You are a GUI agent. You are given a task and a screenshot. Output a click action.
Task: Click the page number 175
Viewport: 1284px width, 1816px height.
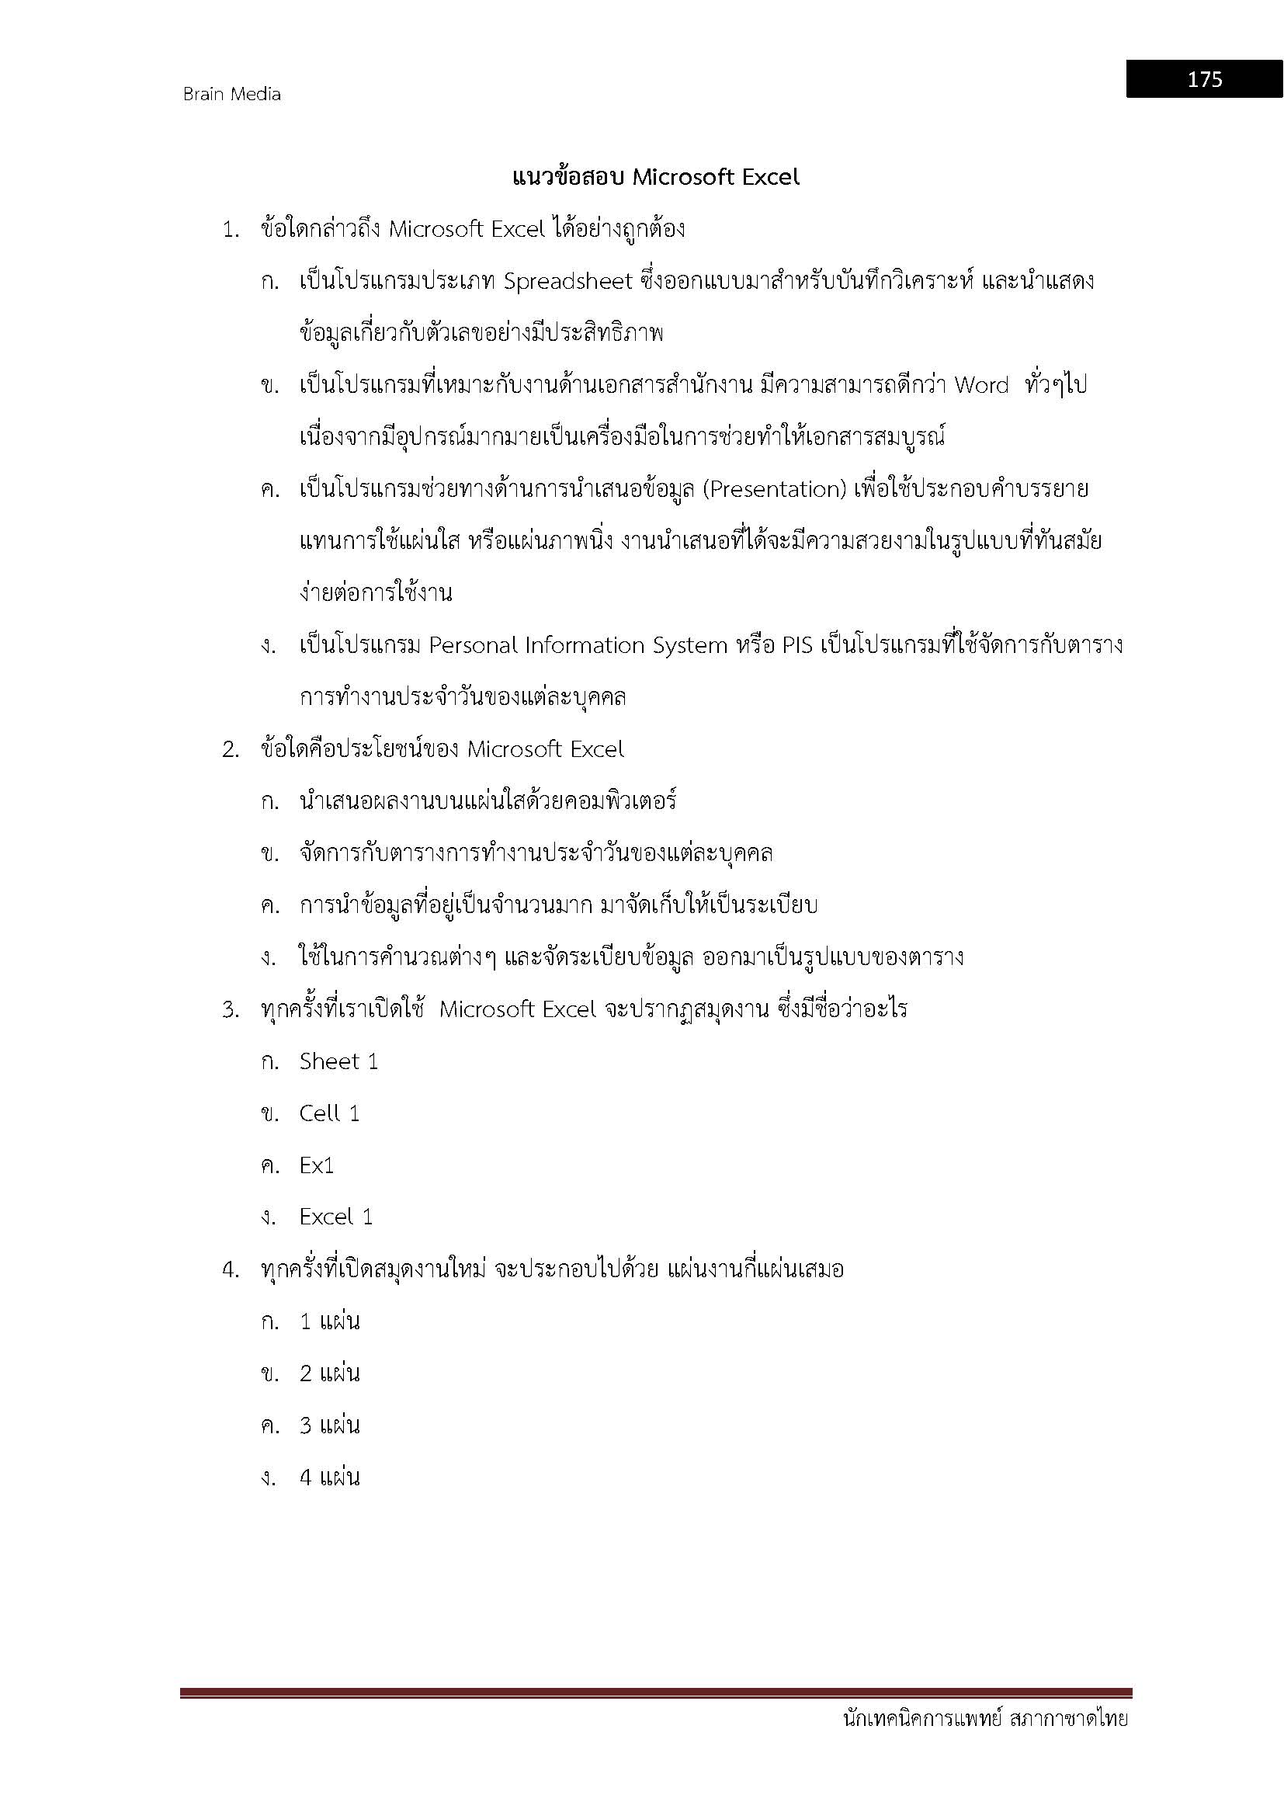pos(1204,79)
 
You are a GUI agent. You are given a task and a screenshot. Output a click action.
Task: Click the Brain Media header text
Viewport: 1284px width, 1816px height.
pos(231,94)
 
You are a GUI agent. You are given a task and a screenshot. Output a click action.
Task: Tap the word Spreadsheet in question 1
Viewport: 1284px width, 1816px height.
pos(567,282)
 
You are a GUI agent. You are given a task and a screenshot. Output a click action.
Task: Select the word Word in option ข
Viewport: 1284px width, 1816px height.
pos(981,385)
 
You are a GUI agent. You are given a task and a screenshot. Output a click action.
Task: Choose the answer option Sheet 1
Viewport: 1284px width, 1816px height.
pos(338,1061)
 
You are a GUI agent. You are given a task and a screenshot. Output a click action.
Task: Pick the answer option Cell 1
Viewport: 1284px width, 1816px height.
pos(329,1113)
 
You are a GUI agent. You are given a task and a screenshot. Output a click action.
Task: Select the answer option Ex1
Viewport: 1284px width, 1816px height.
pos(316,1166)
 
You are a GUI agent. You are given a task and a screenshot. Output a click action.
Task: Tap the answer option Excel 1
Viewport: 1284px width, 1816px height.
pos(335,1217)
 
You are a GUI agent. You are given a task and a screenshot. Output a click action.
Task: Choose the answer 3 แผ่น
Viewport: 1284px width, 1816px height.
pos(329,1425)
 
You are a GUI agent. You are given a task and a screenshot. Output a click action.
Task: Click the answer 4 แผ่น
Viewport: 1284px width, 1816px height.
pos(329,1477)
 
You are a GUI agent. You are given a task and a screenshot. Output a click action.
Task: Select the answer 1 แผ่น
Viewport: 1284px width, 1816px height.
pos(329,1321)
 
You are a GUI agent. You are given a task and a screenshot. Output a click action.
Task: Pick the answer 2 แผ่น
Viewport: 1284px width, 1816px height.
pos(329,1374)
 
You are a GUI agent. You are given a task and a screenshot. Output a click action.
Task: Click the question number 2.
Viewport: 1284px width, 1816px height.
pos(230,750)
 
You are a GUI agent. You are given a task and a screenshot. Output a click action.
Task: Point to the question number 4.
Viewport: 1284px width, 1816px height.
pos(230,1270)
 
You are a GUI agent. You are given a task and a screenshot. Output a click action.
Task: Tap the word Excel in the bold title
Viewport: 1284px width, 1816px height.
pos(769,177)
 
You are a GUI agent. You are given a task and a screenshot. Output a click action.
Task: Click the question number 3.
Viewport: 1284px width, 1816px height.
pos(230,1010)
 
